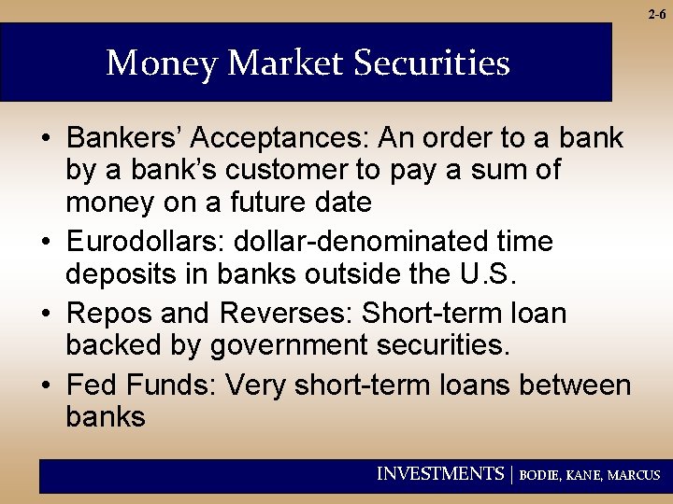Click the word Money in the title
[x=163, y=63]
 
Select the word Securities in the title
[x=432, y=63]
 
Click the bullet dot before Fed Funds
[x=45, y=385]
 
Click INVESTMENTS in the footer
[x=439, y=474]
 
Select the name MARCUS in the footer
[x=634, y=475]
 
